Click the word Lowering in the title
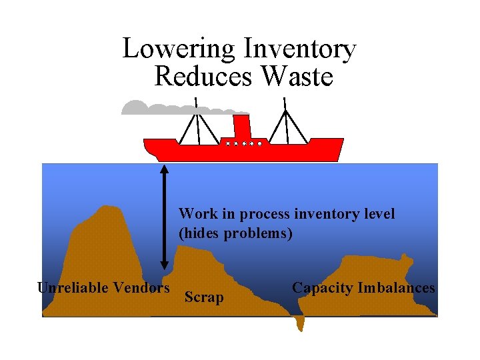[x=179, y=49]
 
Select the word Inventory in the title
[x=300, y=49]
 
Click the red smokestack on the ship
[x=242, y=127]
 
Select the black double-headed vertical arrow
[x=165, y=217]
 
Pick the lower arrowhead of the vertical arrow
[x=165, y=265]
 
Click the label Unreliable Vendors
[x=103, y=288]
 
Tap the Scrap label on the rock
[x=204, y=297]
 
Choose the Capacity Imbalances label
[x=363, y=288]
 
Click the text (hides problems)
[x=235, y=233]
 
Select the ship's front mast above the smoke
[x=198, y=121]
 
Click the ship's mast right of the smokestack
[x=286, y=121]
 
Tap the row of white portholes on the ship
[x=244, y=143]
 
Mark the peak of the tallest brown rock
[x=107, y=206]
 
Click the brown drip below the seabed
[x=300, y=323]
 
